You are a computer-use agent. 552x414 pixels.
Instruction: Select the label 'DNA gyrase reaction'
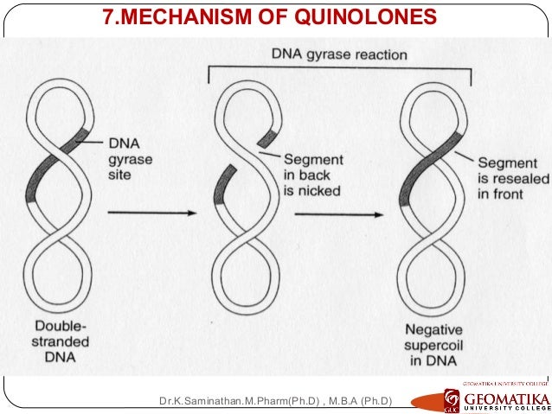tap(338, 54)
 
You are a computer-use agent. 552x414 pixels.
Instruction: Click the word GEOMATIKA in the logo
tap(506, 398)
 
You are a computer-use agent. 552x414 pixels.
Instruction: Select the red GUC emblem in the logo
tap(453, 399)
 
